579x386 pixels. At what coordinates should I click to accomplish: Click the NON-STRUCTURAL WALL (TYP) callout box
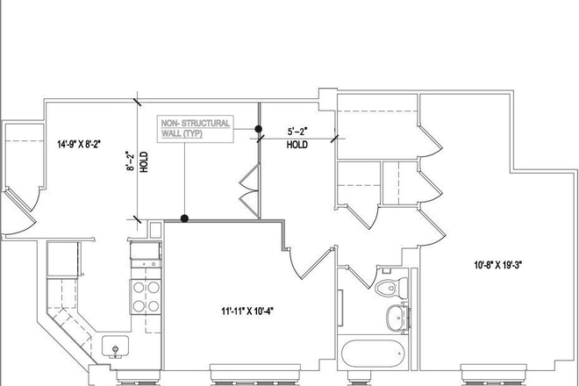click(x=195, y=129)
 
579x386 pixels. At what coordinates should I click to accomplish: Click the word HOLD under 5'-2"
click(x=297, y=146)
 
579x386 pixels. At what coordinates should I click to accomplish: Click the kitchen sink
click(x=115, y=347)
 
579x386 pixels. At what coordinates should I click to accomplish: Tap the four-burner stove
click(x=145, y=296)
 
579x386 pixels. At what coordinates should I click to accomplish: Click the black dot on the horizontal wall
click(x=183, y=218)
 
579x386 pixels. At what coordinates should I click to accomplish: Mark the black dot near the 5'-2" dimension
click(x=259, y=130)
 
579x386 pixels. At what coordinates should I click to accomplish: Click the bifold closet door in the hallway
click(x=249, y=193)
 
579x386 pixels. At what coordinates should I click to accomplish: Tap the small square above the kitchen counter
click(x=154, y=230)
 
